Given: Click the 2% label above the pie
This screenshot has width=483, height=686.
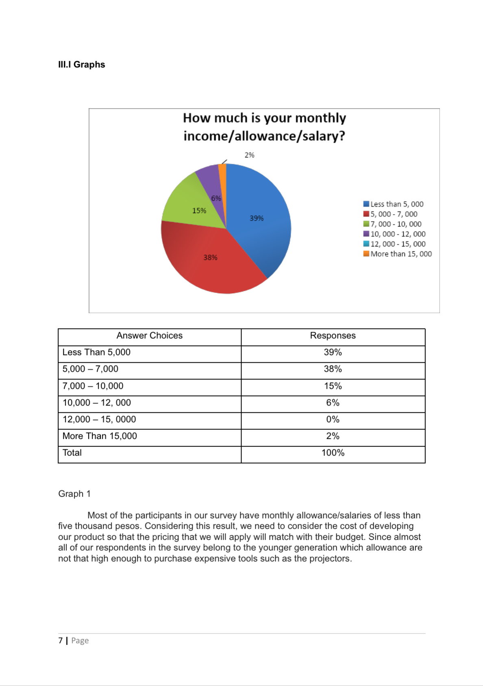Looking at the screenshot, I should point(249,155).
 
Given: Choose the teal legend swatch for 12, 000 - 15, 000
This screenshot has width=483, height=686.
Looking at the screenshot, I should point(366,244).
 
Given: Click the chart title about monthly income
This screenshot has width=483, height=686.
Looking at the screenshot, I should point(264,127).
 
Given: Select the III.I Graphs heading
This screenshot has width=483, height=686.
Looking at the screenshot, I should point(81,65).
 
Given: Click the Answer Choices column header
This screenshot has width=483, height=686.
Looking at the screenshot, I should point(149,335).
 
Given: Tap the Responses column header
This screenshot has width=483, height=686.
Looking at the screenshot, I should point(333,335).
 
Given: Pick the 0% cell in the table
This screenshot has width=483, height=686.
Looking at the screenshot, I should point(333,419).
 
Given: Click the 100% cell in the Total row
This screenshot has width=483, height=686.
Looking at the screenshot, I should point(333,453).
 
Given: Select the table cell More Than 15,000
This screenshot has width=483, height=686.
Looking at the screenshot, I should point(100,436).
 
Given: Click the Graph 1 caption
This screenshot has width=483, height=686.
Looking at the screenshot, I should point(74,494).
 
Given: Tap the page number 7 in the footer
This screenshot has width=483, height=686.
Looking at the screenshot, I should point(61,640).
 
